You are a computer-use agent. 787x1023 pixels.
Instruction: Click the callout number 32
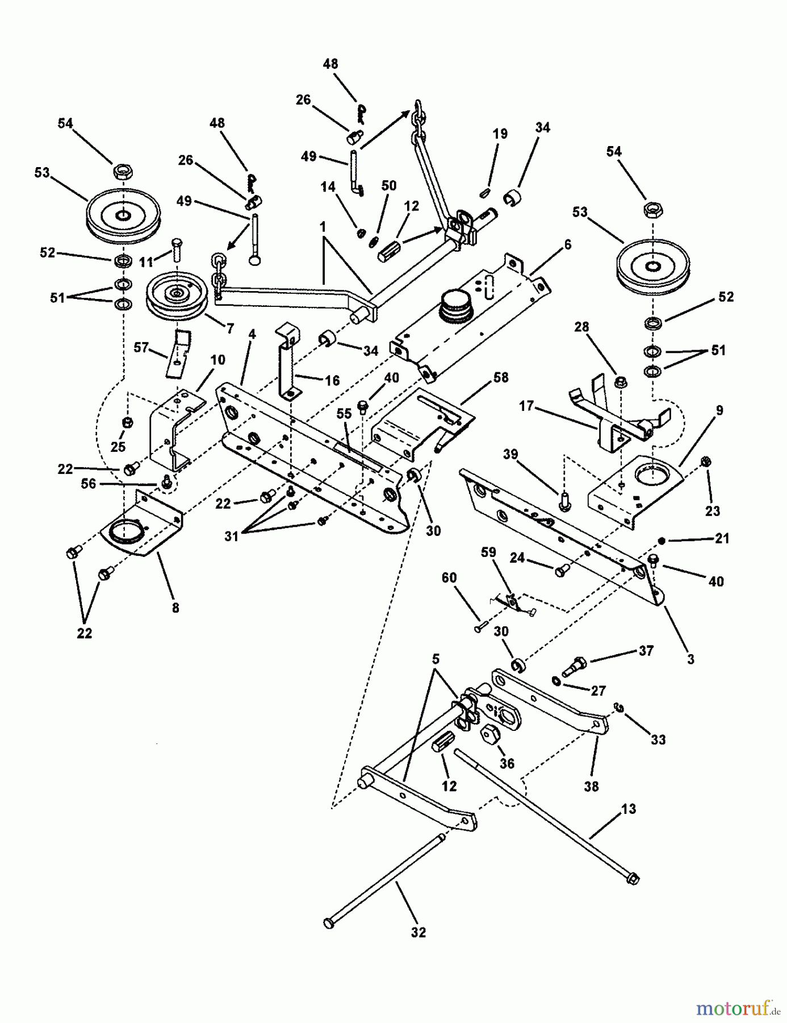(x=418, y=932)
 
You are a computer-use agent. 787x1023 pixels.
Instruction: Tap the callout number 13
(x=629, y=809)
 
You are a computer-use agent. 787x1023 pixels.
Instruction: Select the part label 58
(x=501, y=377)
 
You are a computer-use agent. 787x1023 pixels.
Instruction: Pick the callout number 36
(x=506, y=764)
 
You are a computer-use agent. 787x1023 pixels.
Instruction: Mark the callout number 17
(x=526, y=407)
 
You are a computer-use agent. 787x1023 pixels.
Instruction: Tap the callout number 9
(x=719, y=410)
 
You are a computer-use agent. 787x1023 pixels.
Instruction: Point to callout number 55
(x=345, y=414)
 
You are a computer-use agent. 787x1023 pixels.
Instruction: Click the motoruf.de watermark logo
(x=738, y=1007)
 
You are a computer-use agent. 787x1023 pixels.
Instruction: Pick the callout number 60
(x=449, y=578)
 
